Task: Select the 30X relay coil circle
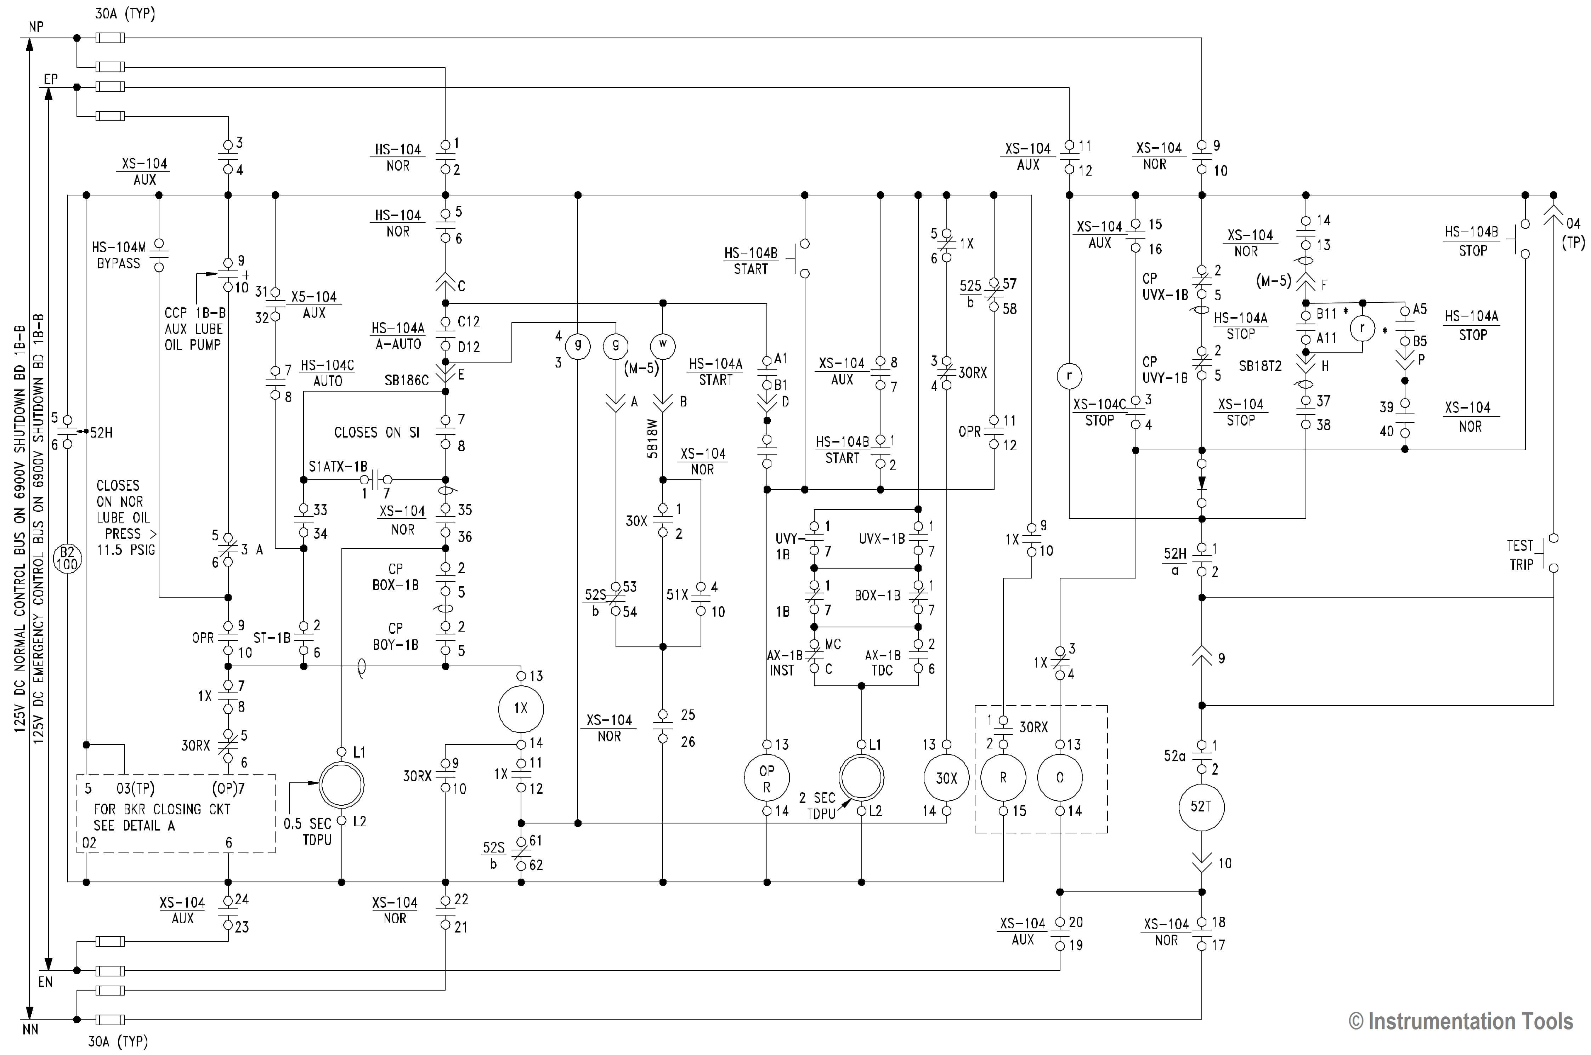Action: tap(946, 778)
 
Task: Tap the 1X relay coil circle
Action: tap(520, 708)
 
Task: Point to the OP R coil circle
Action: tap(766, 778)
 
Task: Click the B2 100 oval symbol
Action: tap(67, 558)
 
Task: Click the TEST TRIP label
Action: tap(1520, 555)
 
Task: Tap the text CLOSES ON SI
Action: tap(377, 433)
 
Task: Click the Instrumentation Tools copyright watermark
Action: tap(1460, 1021)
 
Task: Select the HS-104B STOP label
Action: tap(1472, 241)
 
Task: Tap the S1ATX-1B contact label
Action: tap(338, 466)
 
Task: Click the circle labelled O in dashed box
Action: tap(1060, 778)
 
